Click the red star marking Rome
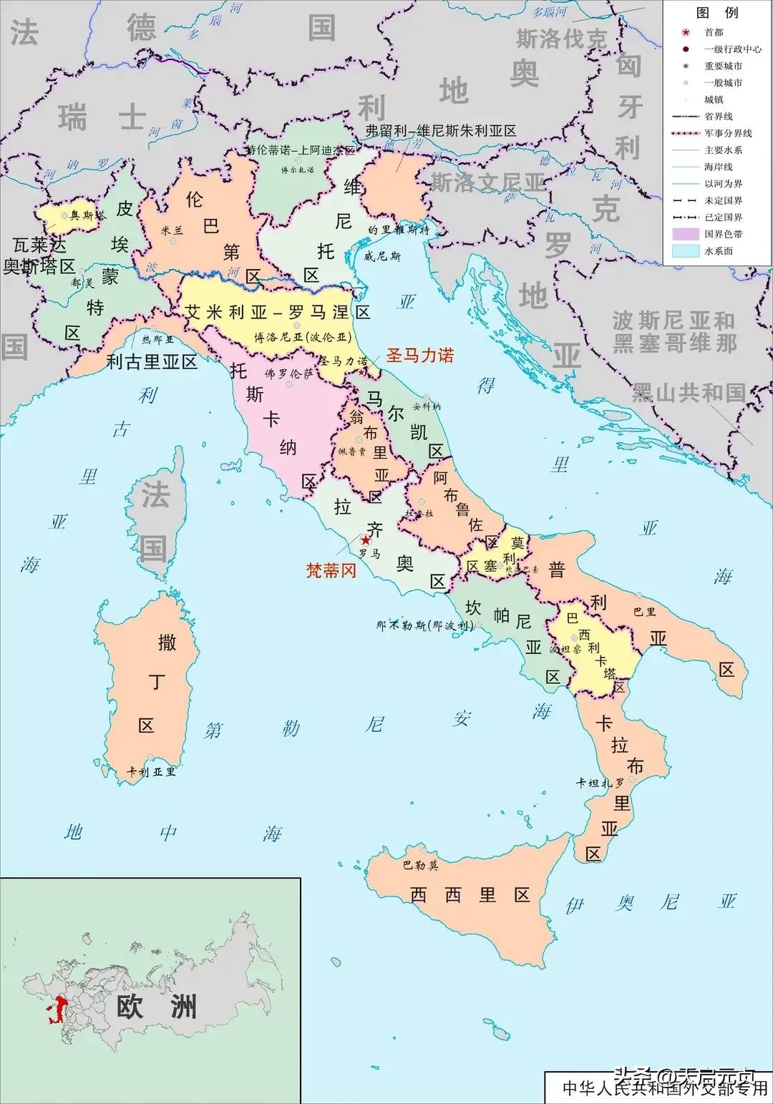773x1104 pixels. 366,540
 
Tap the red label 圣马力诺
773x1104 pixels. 419,355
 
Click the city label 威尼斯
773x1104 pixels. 382,256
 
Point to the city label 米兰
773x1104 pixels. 172,230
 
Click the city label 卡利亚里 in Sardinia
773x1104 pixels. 151,772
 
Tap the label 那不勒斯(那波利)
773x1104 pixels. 424,625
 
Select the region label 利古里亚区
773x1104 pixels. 152,361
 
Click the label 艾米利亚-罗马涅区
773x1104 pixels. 278,313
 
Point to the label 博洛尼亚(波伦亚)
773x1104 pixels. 303,337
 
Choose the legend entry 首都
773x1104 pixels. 714,32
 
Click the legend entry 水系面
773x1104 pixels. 718,251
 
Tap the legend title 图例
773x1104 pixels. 716,12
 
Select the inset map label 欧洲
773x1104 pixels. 157,1007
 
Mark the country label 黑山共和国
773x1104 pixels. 688,393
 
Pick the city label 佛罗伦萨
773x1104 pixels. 288,373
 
